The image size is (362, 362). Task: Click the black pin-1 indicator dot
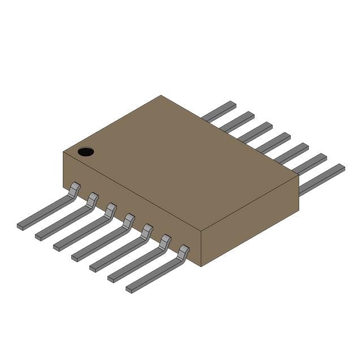pyautogui.click(x=86, y=152)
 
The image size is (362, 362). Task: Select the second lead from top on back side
pyautogui.click(x=238, y=121)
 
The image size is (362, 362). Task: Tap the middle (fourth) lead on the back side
pyautogui.click(x=274, y=142)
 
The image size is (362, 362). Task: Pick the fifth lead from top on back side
pyautogui.click(x=292, y=152)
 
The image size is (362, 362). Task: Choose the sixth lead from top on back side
pyautogui.click(x=310, y=163)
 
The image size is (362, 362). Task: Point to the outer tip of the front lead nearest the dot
pyautogui.click(x=20, y=226)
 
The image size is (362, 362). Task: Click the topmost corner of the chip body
pyautogui.click(x=161, y=96)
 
